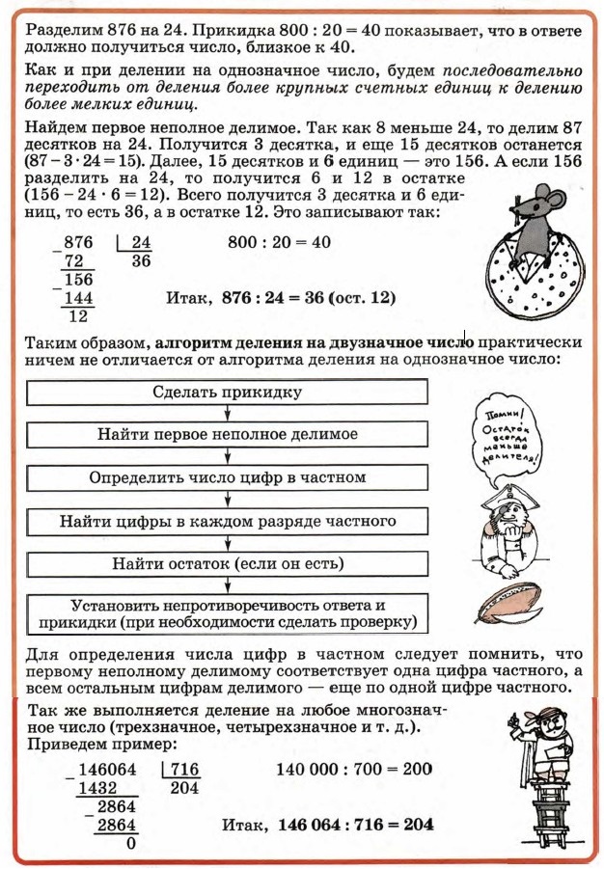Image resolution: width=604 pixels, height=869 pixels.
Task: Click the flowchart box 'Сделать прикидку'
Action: [x=227, y=393]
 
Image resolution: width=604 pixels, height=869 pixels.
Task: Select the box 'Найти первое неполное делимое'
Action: [x=227, y=435]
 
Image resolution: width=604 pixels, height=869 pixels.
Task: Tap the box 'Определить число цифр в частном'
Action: [x=227, y=478]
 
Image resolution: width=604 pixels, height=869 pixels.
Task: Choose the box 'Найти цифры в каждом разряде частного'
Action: [x=227, y=522]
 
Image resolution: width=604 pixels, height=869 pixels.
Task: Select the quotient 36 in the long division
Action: [x=141, y=262]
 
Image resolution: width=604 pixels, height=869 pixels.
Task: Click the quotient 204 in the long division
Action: [x=183, y=788]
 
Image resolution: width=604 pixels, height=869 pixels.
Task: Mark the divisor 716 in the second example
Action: [x=183, y=770]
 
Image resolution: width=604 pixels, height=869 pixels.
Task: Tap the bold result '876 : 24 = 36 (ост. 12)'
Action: [x=309, y=299]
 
